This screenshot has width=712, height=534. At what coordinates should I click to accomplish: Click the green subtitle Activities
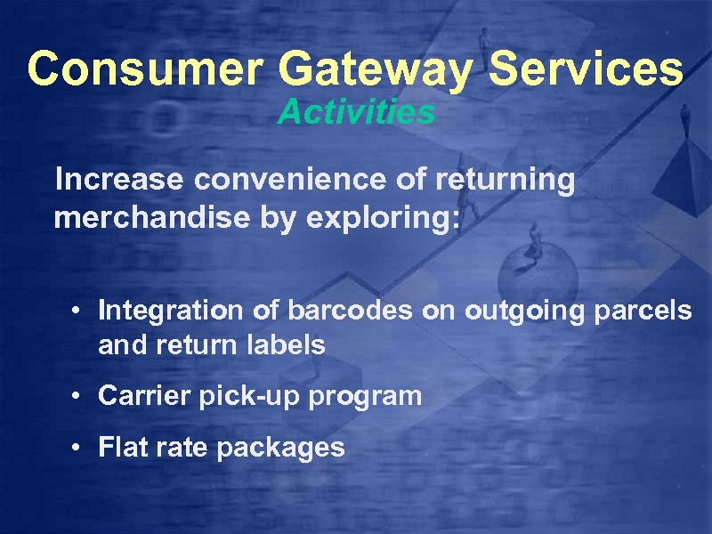[x=356, y=112]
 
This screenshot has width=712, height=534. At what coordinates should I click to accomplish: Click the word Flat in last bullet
[x=117, y=447]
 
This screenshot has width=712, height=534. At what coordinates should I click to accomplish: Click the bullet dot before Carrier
[x=79, y=396]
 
